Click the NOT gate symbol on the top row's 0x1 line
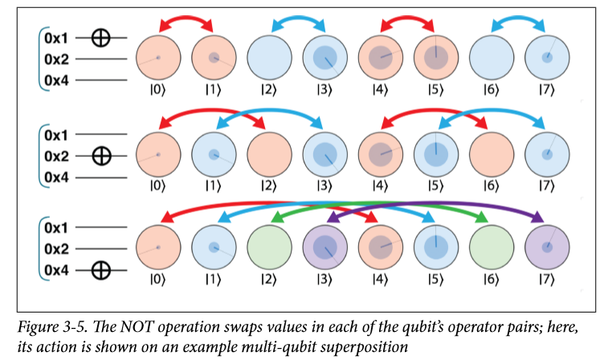[101, 38]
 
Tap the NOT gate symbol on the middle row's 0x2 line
[101, 156]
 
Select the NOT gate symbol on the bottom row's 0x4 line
[101, 270]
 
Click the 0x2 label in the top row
[56, 59]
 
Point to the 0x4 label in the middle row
[56, 178]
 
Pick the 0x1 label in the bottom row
[56, 227]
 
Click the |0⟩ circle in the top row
[158, 57]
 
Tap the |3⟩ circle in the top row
[325, 57]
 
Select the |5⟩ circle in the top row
[436, 57]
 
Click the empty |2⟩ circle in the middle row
[270, 154]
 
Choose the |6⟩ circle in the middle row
[492, 154]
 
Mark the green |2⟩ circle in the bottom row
[270, 247]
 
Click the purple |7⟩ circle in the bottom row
[547, 247]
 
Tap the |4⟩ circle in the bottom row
[381, 247]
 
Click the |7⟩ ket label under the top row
[547, 90]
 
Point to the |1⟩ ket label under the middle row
[214, 186]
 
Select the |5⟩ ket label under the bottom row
[436, 280]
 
